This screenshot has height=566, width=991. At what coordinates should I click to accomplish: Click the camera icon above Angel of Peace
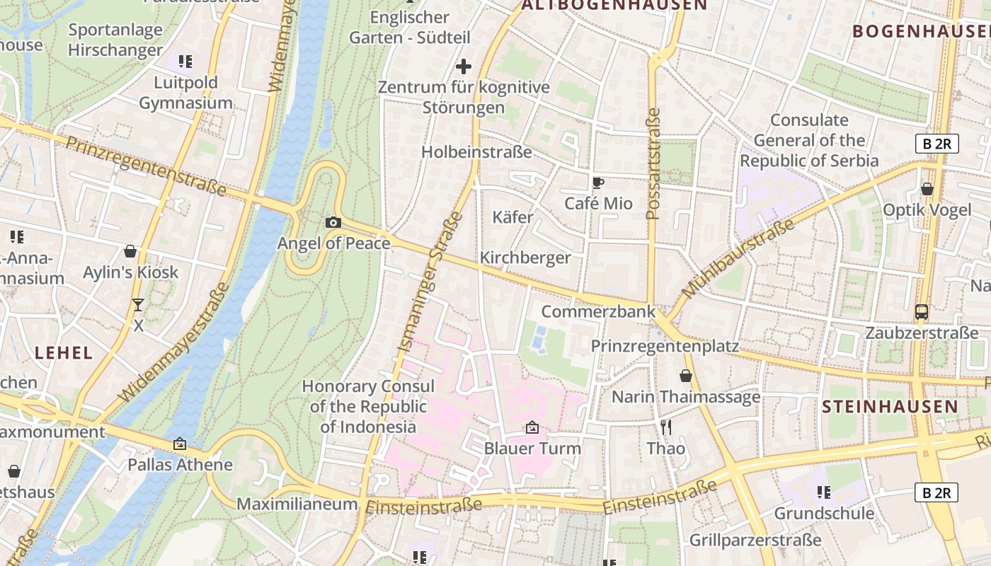click(333, 222)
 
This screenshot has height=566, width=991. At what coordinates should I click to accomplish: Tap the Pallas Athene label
click(180, 465)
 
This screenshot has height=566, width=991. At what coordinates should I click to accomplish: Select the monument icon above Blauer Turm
click(532, 427)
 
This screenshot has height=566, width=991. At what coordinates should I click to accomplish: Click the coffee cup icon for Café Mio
click(598, 183)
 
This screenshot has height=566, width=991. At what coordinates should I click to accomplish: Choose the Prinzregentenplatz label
click(665, 346)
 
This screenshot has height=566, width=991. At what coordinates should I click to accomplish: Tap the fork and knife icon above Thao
click(665, 427)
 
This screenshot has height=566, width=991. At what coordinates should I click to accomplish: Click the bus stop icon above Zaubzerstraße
click(922, 311)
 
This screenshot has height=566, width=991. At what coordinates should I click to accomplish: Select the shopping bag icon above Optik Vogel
click(927, 189)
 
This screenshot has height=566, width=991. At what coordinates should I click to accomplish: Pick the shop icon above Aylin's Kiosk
click(130, 251)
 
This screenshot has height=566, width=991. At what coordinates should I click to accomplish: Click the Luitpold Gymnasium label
click(185, 93)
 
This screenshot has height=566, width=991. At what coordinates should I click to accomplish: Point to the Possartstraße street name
click(653, 163)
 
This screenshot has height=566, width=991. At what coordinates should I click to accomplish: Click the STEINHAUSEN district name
click(890, 407)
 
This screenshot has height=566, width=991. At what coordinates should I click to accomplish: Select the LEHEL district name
click(64, 352)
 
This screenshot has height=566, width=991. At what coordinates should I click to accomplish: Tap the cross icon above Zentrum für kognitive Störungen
click(464, 67)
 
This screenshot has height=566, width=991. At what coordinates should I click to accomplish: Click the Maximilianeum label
click(297, 504)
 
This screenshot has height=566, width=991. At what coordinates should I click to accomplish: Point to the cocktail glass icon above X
click(137, 305)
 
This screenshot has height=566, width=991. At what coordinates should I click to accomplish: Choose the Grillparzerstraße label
click(755, 540)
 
